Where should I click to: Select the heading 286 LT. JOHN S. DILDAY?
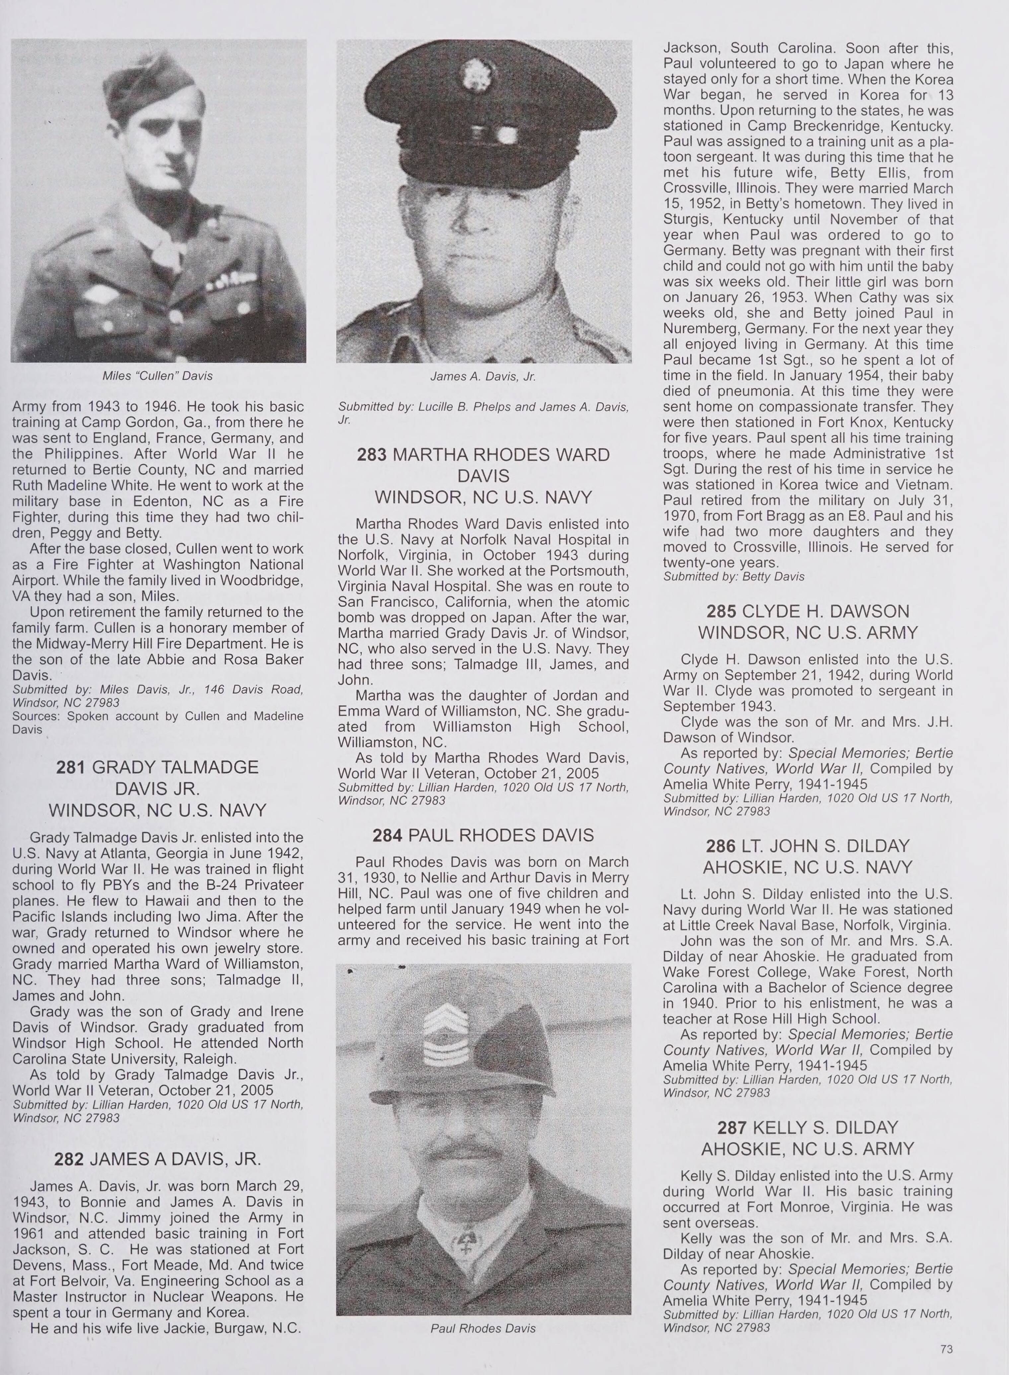pyautogui.click(x=808, y=846)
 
